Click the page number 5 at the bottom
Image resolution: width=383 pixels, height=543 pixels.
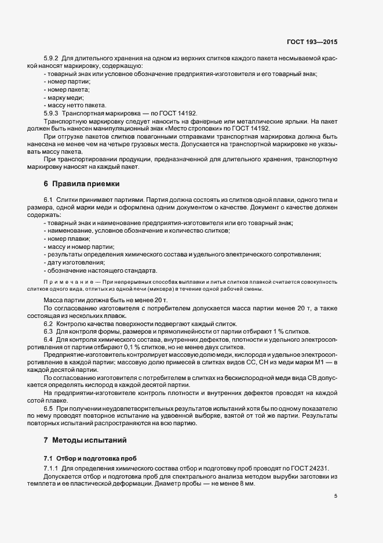(335, 496)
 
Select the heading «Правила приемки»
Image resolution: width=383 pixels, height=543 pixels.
(86, 184)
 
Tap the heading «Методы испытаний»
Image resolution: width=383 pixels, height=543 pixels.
(89, 440)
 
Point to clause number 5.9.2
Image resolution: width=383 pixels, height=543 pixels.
(51, 59)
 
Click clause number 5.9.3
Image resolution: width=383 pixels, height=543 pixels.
(51, 114)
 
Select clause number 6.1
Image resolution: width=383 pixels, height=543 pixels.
(49, 200)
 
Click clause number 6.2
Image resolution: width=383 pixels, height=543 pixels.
(49, 323)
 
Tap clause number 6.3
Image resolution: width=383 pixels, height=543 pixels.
(49, 331)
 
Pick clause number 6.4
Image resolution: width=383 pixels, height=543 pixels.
(49, 338)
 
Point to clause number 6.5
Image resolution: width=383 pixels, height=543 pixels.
(49, 409)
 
